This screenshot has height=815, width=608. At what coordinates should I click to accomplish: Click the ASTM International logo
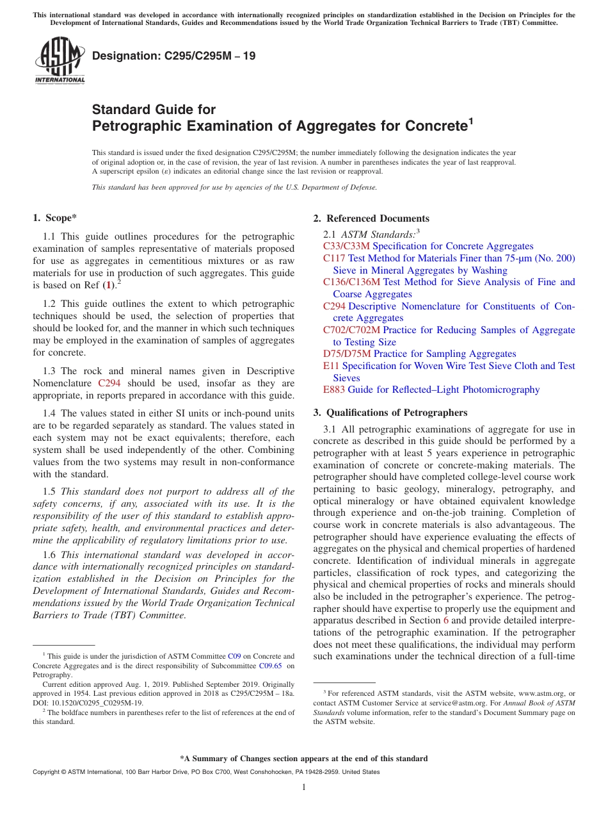click(x=60, y=61)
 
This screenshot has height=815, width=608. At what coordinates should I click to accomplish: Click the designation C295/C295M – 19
click(x=174, y=56)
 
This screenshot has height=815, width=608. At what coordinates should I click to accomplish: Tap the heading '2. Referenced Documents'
click(x=371, y=218)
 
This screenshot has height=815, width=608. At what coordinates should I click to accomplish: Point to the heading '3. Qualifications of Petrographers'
click(x=390, y=412)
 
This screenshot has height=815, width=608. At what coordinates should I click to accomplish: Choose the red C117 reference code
click(x=334, y=258)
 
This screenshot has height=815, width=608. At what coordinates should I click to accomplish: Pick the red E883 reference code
click(x=334, y=390)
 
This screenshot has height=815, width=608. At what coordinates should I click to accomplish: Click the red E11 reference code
click(x=331, y=366)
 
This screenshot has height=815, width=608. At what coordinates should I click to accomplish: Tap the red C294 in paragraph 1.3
click(x=108, y=383)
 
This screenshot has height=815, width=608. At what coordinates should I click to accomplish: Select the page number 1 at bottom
click(x=304, y=787)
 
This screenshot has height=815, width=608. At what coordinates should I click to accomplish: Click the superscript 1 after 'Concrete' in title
click(x=470, y=120)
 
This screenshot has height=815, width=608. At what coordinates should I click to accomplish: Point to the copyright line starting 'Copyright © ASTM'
click(x=205, y=772)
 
